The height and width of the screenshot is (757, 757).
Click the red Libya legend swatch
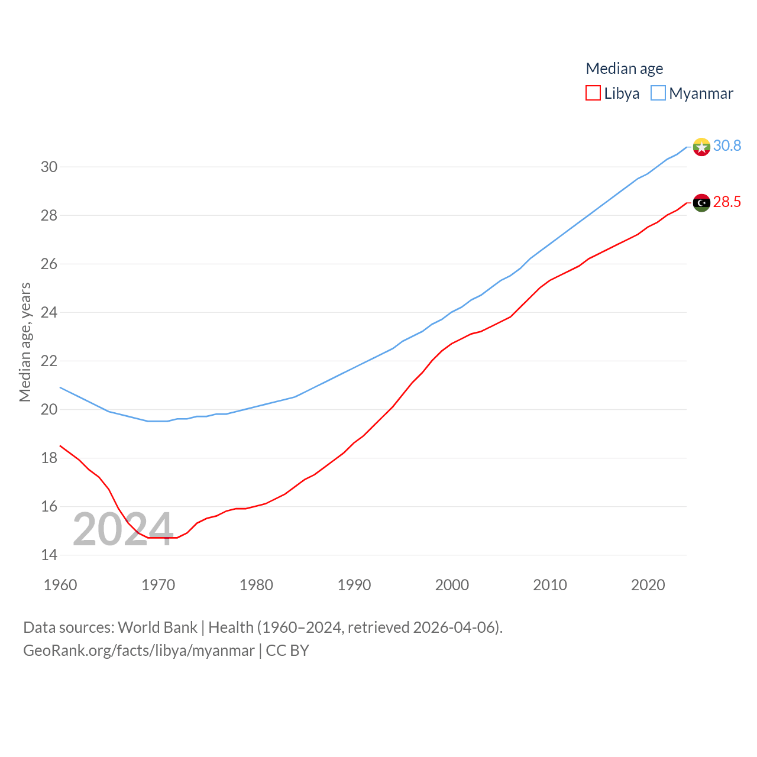593,93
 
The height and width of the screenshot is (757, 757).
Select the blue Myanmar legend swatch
658,93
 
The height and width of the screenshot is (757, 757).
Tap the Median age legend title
624,69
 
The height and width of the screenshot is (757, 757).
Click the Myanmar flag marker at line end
701,147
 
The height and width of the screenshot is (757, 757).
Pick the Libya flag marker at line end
701,203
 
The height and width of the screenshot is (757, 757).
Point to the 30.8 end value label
727,145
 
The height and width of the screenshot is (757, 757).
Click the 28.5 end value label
727,202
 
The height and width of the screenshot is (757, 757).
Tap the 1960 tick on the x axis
60,585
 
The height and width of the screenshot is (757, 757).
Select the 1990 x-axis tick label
354,585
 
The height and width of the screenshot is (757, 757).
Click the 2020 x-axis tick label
648,585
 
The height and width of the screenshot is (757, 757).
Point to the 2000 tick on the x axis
452,585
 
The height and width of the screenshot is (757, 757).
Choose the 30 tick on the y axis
49,167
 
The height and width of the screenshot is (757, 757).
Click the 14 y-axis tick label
49,555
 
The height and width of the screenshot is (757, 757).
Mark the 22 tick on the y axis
49,361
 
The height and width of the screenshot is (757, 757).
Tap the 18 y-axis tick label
49,458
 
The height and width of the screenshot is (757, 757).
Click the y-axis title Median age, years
25,342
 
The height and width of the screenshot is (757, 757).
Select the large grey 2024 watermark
122,529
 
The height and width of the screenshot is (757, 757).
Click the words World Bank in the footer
157,627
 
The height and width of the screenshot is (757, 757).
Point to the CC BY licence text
287,651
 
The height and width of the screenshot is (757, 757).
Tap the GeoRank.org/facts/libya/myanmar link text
139,651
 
